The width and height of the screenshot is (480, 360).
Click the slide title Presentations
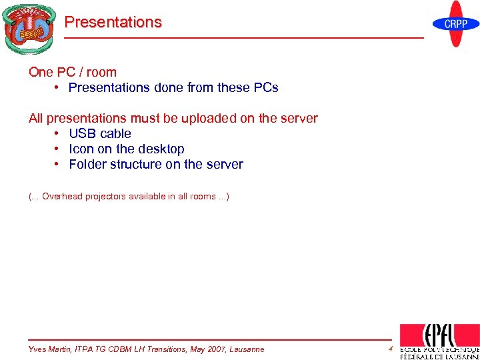coord(113,22)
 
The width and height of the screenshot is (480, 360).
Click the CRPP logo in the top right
coord(456,24)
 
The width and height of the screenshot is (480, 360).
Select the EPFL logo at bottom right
coord(439,341)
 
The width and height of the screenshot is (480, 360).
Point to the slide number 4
coord(390,349)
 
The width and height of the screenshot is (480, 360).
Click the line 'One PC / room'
coord(73,72)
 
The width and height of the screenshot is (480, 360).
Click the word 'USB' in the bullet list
coord(83,133)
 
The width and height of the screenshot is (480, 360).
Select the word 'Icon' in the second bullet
coord(81,149)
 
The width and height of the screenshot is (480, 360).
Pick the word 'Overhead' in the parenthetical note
coord(62,197)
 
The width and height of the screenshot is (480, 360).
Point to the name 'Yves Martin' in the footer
coord(51,349)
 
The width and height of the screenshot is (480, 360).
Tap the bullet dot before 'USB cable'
coord(58,133)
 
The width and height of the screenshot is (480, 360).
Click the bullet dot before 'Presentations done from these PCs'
coord(58,87)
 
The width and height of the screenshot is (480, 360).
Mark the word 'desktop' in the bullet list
coord(161,149)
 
